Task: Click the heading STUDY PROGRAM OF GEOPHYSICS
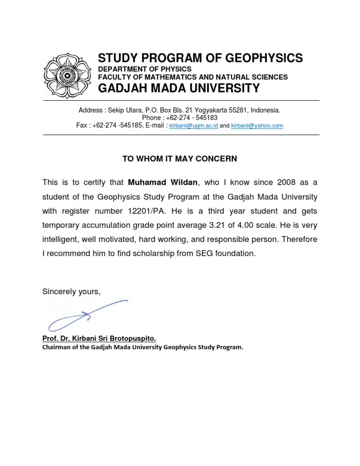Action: pyautogui.click(x=200, y=58)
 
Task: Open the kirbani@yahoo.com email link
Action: pyautogui.click(x=257, y=126)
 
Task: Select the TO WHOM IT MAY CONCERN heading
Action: pyautogui.click(x=180, y=159)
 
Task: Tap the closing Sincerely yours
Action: pyautogui.click(x=71, y=292)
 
